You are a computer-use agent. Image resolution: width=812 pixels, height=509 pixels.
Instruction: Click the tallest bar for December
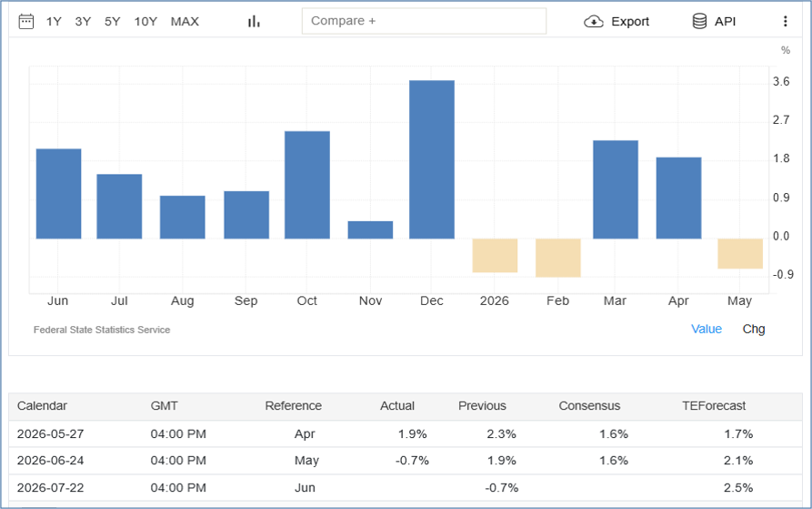[x=432, y=159]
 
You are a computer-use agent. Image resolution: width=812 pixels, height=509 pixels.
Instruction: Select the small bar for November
[x=370, y=230]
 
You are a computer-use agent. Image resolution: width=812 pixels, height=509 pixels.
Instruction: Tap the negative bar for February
[x=558, y=258]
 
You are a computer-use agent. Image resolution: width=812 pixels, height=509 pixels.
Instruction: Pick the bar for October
[x=307, y=185]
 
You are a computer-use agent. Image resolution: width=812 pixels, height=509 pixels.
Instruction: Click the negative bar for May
[x=740, y=254]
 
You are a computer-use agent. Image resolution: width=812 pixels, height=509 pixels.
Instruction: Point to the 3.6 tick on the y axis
[x=781, y=81]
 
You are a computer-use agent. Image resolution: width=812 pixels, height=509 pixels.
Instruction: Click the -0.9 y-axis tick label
[x=783, y=274]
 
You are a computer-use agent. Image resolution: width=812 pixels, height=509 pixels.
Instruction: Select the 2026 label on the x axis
[x=494, y=300]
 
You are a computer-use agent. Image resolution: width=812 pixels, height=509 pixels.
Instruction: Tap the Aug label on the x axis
[x=182, y=301]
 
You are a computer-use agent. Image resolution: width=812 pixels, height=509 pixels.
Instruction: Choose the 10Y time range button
[x=145, y=21]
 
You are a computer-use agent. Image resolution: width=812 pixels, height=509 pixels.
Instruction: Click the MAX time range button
[x=185, y=21]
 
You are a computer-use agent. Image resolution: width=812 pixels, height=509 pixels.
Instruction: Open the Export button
[x=617, y=21]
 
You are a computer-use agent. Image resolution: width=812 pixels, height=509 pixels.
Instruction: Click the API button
[x=714, y=21]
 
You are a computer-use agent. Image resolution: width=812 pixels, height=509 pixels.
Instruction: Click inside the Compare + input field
[x=424, y=21]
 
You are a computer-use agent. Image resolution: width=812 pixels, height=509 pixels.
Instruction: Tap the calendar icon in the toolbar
[x=25, y=21]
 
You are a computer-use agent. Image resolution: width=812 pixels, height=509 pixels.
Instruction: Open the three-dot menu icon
[x=785, y=21]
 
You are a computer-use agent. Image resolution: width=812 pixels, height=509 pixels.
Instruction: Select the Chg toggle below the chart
[x=754, y=329]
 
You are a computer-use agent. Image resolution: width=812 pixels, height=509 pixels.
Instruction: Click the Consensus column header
[x=589, y=406]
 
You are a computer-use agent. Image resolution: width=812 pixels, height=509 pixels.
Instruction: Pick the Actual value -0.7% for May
[x=412, y=461]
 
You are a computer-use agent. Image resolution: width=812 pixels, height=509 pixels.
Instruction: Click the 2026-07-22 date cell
[x=50, y=488]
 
